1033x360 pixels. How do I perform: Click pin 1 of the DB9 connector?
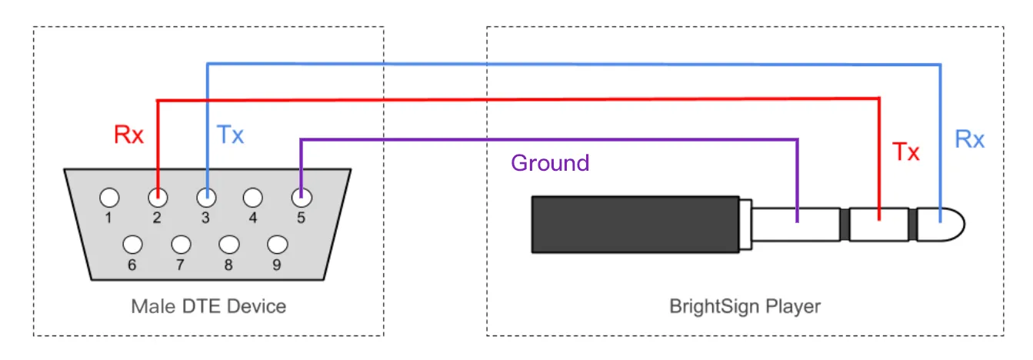[109, 198]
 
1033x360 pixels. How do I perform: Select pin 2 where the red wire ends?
[158, 198]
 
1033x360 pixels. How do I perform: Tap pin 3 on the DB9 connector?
[206, 198]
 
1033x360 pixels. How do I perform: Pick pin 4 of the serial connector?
[253, 198]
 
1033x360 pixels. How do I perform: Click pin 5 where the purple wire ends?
[302, 198]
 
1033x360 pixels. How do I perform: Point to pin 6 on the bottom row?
[133, 245]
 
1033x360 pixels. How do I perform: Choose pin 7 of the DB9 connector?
[181, 245]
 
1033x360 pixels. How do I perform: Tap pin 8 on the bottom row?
[229, 245]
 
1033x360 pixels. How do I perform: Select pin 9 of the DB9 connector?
[278, 245]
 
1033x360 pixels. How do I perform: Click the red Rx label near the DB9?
[128, 135]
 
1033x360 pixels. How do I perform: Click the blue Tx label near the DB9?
[230, 135]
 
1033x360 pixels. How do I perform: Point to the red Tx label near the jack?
[906, 152]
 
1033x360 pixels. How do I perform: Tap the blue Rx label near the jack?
[969, 139]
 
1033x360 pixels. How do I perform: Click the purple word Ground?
[550, 163]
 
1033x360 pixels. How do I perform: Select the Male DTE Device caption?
[208, 306]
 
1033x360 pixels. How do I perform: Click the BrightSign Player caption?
[745, 306]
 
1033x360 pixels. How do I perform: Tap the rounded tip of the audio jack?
[941, 225]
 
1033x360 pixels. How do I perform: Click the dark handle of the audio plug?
[635, 225]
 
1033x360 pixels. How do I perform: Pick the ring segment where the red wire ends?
[879, 225]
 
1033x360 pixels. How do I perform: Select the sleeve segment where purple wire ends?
[795, 225]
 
